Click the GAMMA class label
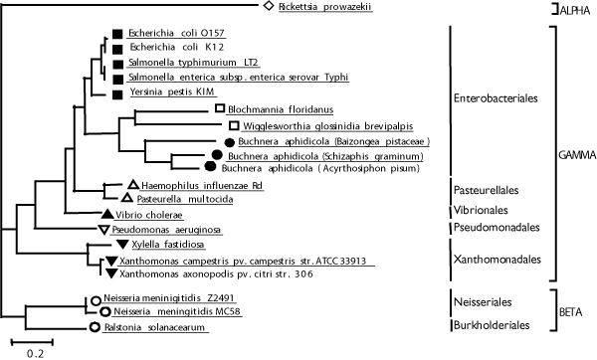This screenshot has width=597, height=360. [x=576, y=156]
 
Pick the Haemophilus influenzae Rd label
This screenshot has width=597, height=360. [x=195, y=186]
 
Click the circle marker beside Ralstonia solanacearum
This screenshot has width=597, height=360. [x=95, y=327]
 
